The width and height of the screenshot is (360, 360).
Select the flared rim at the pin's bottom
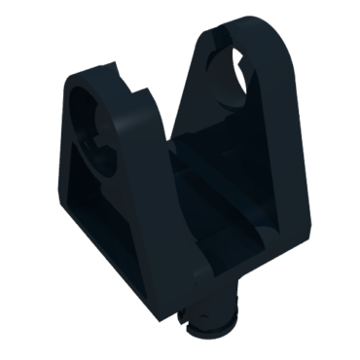[x=215, y=326]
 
